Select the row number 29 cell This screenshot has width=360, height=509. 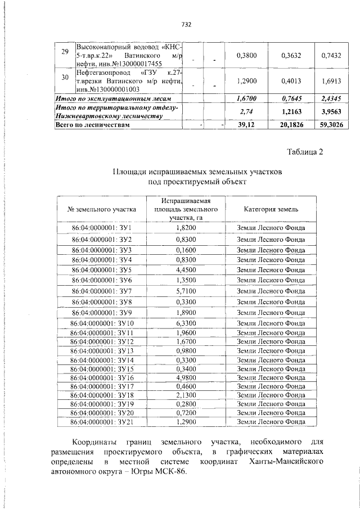[64, 52]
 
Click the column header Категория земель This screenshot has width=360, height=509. [271, 209]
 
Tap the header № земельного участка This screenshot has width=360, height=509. [102, 209]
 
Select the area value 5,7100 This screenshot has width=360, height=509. [186, 291]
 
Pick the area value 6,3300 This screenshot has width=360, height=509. [186, 323]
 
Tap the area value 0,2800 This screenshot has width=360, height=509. [186, 404]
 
